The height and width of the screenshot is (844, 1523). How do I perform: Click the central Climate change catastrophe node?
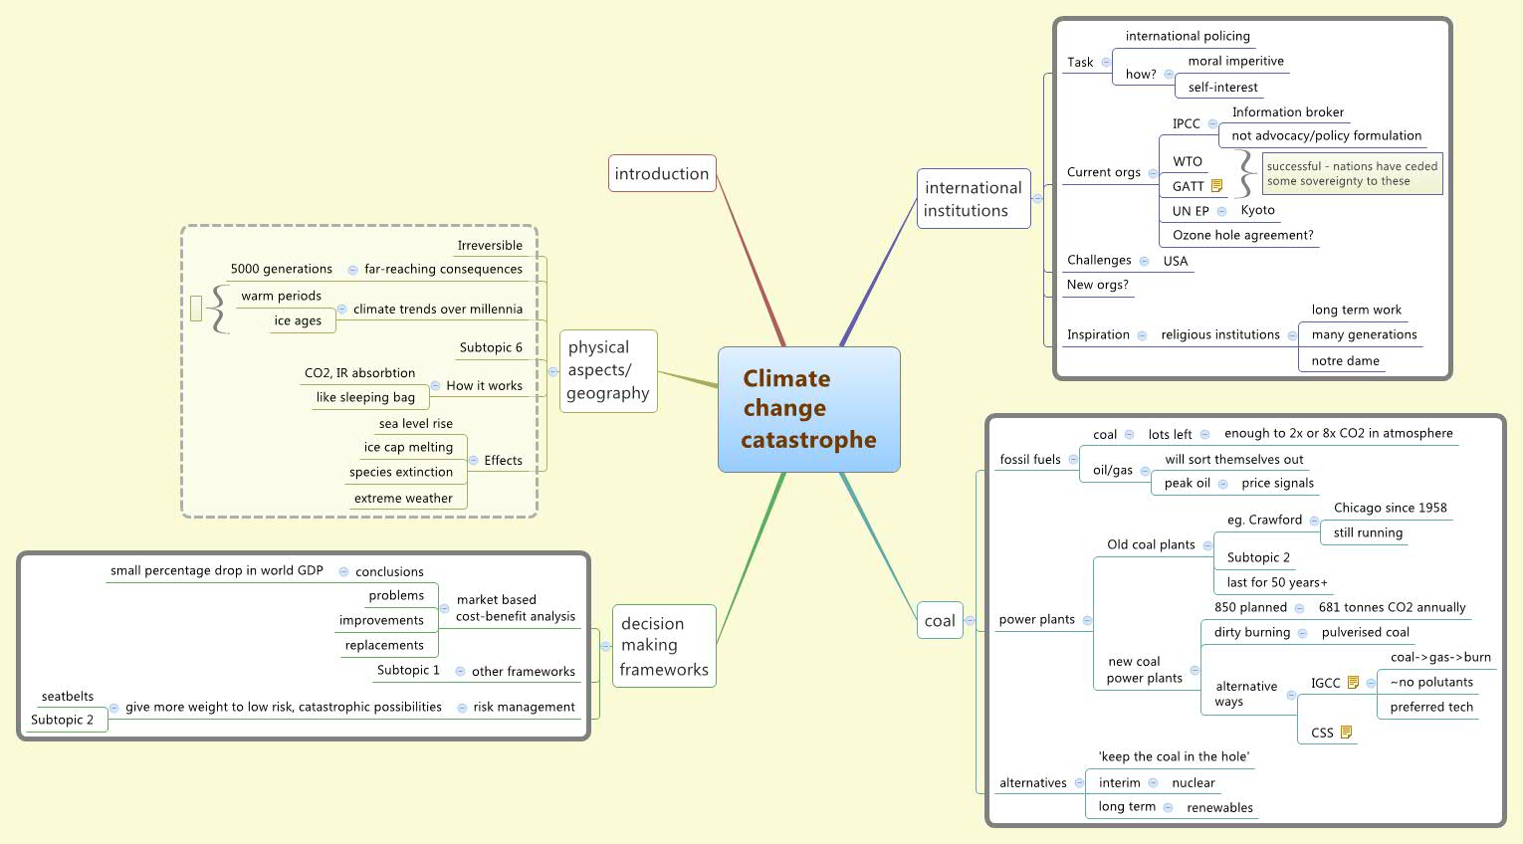tap(808, 409)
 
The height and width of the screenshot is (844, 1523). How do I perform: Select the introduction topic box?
tap(662, 173)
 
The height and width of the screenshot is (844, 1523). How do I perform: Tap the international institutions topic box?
tap(973, 199)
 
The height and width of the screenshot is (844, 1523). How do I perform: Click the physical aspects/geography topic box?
tap(608, 370)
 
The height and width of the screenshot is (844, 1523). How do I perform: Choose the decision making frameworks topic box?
tap(664, 646)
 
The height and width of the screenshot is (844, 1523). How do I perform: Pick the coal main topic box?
tap(940, 621)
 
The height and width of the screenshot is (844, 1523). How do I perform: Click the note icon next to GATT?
tap(1216, 186)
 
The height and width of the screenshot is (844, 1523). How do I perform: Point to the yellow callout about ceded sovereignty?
tap(1352, 174)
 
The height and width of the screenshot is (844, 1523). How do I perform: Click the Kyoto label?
tap(1257, 210)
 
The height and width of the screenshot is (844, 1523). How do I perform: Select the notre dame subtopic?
tap(1345, 361)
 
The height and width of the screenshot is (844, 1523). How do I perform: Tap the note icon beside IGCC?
tap(1353, 683)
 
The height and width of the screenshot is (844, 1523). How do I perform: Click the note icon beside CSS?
tap(1346, 733)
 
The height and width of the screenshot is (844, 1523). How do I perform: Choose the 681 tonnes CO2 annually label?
tap(1392, 607)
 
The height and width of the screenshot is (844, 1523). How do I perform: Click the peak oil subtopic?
tap(1187, 484)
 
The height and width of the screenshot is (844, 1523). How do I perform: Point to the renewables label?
tap(1219, 808)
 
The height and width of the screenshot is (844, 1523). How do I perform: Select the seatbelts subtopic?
tap(68, 697)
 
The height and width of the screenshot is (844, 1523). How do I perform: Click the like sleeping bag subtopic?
tap(365, 398)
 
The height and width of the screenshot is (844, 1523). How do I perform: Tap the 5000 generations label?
tap(281, 270)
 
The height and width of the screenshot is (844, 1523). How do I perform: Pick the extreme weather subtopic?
tap(403, 499)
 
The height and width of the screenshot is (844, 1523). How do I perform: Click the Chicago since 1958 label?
tap(1390, 508)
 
